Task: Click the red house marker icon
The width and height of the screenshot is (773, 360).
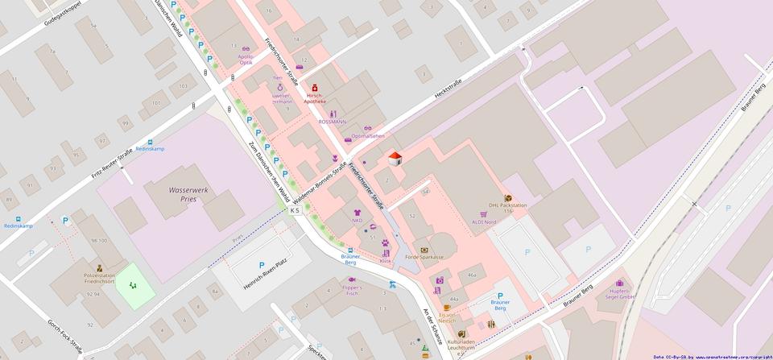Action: pos(395,158)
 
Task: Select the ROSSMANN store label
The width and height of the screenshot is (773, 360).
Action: pos(332,122)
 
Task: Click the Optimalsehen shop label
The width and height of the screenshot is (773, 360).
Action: pos(367,136)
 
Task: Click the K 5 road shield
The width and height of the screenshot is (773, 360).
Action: pos(295,210)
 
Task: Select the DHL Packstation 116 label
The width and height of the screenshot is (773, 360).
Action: pos(507,208)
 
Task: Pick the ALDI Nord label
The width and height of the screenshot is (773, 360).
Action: pos(484,221)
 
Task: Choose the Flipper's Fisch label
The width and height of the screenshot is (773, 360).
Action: pos(352,290)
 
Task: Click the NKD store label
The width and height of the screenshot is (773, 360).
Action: pos(357,220)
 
